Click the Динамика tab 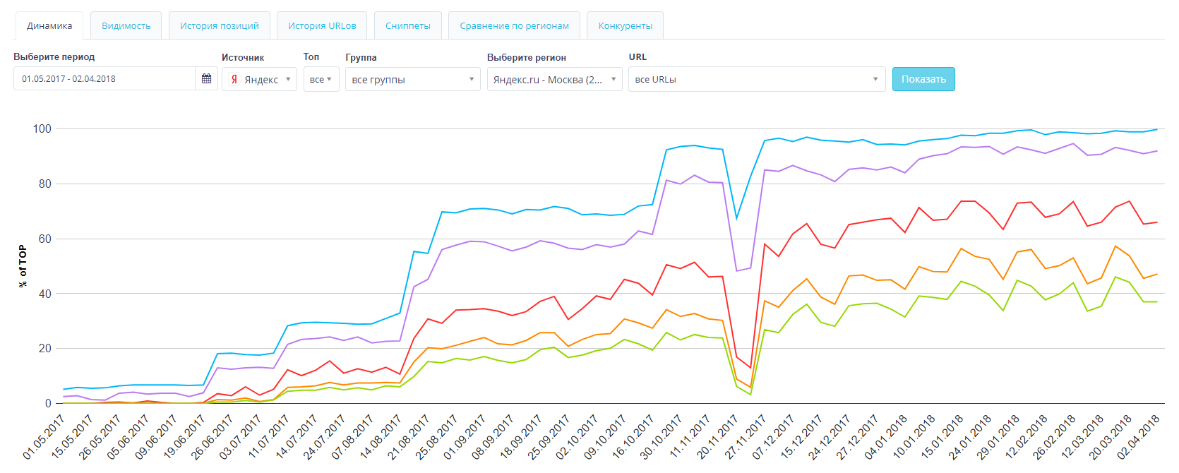coord(49,26)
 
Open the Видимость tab coord(126,26)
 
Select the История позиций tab coord(219,26)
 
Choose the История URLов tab coord(322,26)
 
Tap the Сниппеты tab coord(407,26)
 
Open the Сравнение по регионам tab coord(514,26)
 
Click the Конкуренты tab coord(625,26)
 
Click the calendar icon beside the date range coord(206,79)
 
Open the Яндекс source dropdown coord(259,79)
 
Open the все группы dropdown coord(412,79)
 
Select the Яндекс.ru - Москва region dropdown coord(554,79)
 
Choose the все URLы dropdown coord(757,79)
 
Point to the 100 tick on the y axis coord(42,128)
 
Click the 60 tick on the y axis coord(44,239)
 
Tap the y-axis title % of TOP coord(23,265)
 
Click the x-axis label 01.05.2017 coord(44,438)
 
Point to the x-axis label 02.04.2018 coord(1139,438)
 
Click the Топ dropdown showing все coord(321,79)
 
